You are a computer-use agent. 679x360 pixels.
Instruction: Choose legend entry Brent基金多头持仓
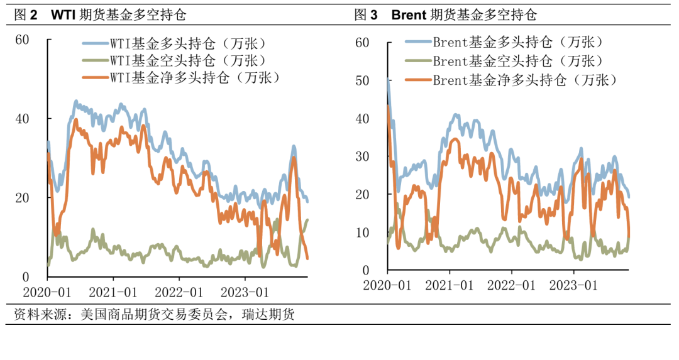click(x=517, y=43)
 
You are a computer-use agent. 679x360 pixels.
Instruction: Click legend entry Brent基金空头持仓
click(x=517, y=61)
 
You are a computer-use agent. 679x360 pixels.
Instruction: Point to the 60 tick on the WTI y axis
click(x=22, y=40)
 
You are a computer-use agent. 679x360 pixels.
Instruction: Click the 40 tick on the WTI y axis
click(x=22, y=119)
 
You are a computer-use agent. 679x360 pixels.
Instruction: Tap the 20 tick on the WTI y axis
click(x=22, y=198)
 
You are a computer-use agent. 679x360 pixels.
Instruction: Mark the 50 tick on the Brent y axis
click(x=362, y=80)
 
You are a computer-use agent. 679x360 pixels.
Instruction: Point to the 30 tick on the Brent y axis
click(x=362, y=156)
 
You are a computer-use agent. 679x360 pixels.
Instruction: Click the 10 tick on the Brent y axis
click(x=362, y=232)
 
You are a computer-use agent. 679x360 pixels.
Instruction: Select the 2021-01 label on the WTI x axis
click(x=113, y=293)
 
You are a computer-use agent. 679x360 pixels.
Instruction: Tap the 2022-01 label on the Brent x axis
click(x=511, y=285)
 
